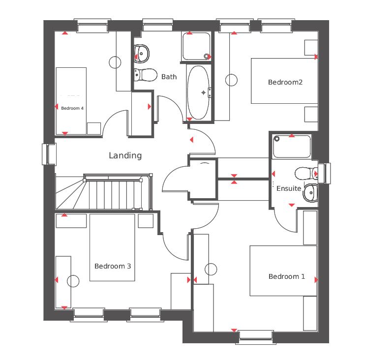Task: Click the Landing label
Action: [x=125, y=155]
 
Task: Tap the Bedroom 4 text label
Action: [x=72, y=108]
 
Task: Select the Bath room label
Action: [x=169, y=77]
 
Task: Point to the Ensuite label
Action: [x=289, y=188]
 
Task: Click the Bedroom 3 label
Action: [x=113, y=266]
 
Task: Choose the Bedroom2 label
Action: [x=285, y=82]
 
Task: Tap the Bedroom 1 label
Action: [x=287, y=276]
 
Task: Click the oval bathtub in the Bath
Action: [x=198, y=92]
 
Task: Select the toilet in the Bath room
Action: [x=146, y=75]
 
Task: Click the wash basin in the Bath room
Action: [x=142, y=54]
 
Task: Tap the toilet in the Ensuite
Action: [x=306, y=174]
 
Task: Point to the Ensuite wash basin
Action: [x=310, y=193]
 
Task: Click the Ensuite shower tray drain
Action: [x=277, y=139]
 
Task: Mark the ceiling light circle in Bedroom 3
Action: [x=73, y=281]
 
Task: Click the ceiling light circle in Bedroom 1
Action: [x=211, y=269]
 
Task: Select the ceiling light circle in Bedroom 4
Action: [x=115, y=62]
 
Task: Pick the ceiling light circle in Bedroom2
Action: [x=231, y=80]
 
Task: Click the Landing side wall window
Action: [x=49, y=154]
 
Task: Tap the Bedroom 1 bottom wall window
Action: [x=256, y=337]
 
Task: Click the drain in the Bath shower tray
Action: [x=206, y=56]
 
